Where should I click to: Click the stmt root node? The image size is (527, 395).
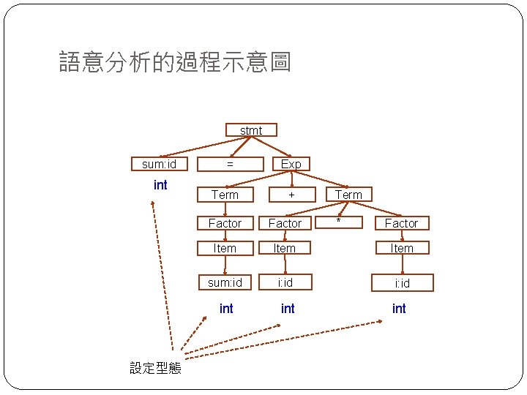pyautogui.click(x=251, y=130)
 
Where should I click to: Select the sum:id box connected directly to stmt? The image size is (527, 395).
pyautogui.click(x=159, y=164)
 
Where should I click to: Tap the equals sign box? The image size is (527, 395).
pyautogui.click(x=230, y=164)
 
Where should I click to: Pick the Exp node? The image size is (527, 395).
pyautogui.click(x=291, y=164)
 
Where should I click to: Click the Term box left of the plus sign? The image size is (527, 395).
pyautogui.click(x=225, y=195)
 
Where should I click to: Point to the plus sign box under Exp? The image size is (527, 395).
pyautogui.click(x=291, y=195)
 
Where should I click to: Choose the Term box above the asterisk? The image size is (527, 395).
pyautogui.click(x=348, y=195)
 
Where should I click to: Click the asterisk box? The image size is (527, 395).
pyautogui.click(x=339, y=221)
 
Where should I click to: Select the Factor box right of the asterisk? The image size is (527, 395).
pyautogui.click(x=401, y=223)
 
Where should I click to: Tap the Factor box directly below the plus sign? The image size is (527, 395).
pyautogui.click(x=285, y=223)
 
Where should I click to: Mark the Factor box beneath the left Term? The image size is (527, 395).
pyautogui.click(x=225, y=223)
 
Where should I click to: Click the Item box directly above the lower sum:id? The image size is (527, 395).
pyautogui.click(x=225, y=249)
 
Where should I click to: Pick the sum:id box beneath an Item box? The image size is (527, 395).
pyautogui.click(x=225, y=282)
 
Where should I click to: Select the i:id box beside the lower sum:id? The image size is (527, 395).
pyautogui.click(x=285, y=282)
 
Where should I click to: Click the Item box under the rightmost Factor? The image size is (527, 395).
pyautogui.click(x=401, y=249)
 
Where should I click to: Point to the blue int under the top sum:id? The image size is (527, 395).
pyautogui.click(x=160, y=185)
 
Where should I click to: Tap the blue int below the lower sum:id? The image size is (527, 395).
pyautogui.click(x=226, y=309)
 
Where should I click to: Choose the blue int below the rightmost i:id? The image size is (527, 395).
pyautogui.click(x=399, y=309)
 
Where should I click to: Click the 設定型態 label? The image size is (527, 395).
pyautogui.click(x=155, y=368)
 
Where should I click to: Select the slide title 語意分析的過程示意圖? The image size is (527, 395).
pyautogui.click(x=175, y=62)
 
